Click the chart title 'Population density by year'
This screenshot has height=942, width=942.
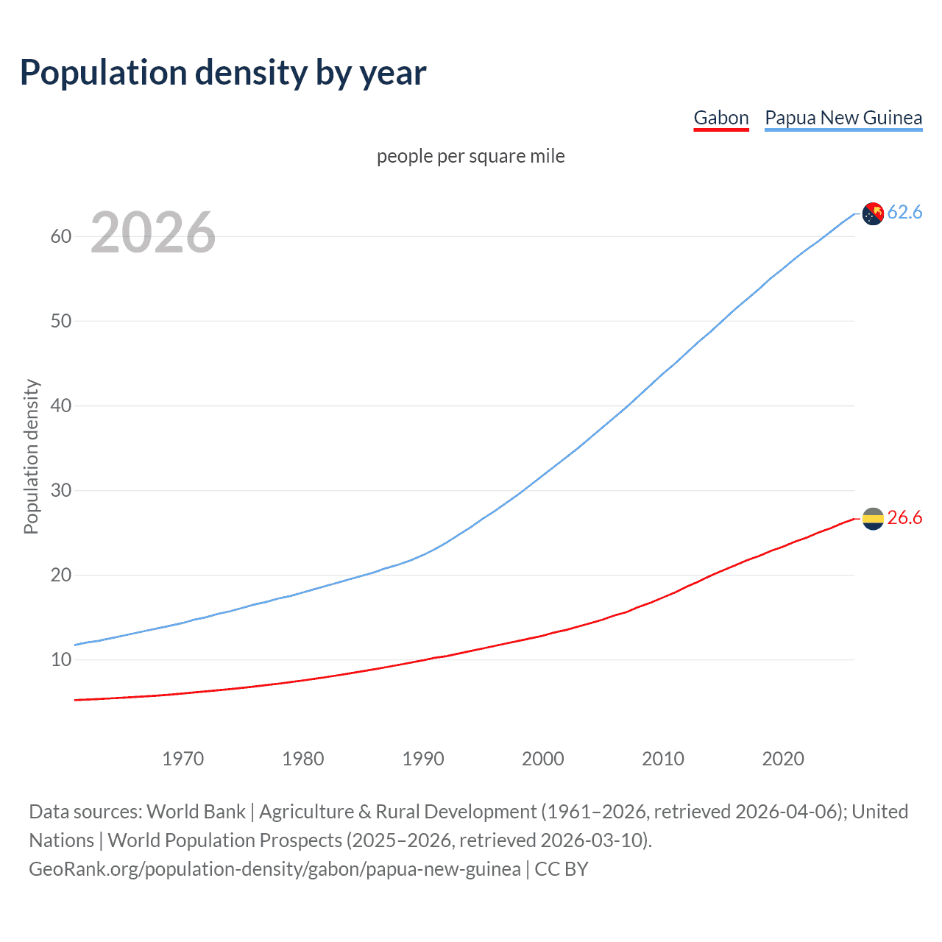[223, 73]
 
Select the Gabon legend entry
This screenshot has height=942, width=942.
[720, 118]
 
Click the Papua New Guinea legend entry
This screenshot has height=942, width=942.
[843, 118]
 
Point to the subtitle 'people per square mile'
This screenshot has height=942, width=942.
[470, 156]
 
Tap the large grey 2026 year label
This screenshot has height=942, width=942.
[153, 233]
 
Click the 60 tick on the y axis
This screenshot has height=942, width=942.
[61, 236]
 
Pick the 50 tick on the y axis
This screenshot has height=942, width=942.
[61, 321]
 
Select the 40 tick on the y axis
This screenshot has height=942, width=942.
[61, 406]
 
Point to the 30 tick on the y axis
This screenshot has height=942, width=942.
[61, 490]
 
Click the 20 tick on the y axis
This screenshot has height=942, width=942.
[61, 575]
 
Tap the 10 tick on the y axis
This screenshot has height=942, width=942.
[61, 659]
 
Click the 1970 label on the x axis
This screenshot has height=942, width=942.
[183, 759]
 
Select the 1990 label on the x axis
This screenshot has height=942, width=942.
[422, 759]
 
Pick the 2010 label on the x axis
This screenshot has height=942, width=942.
[662, 759]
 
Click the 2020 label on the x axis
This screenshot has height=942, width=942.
[782, 759]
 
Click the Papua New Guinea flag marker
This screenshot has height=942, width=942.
[872, 213]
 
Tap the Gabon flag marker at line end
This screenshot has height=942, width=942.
[872, 519]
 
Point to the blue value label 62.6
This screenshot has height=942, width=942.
[904, 213]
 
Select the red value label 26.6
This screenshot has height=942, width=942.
[904, 518]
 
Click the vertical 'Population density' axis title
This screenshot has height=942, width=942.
[31, 456]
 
